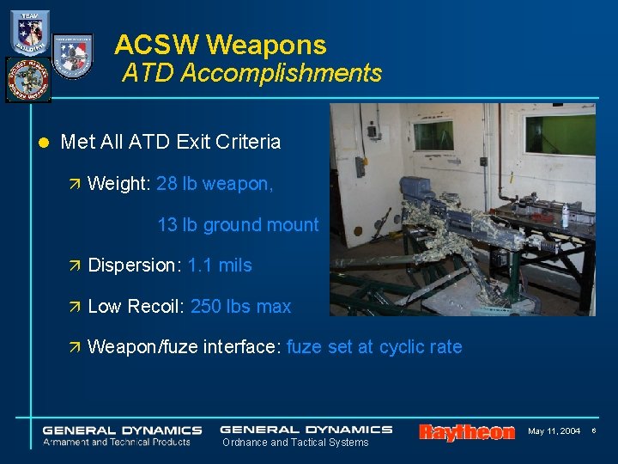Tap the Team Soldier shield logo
(30, 33)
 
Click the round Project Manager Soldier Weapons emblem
(27, 79)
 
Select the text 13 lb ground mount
(238, 225)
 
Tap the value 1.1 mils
(220, 266)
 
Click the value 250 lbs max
(241, 307)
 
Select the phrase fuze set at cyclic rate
(374, 347)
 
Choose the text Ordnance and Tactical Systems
(294, 443)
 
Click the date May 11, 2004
(554, 430)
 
